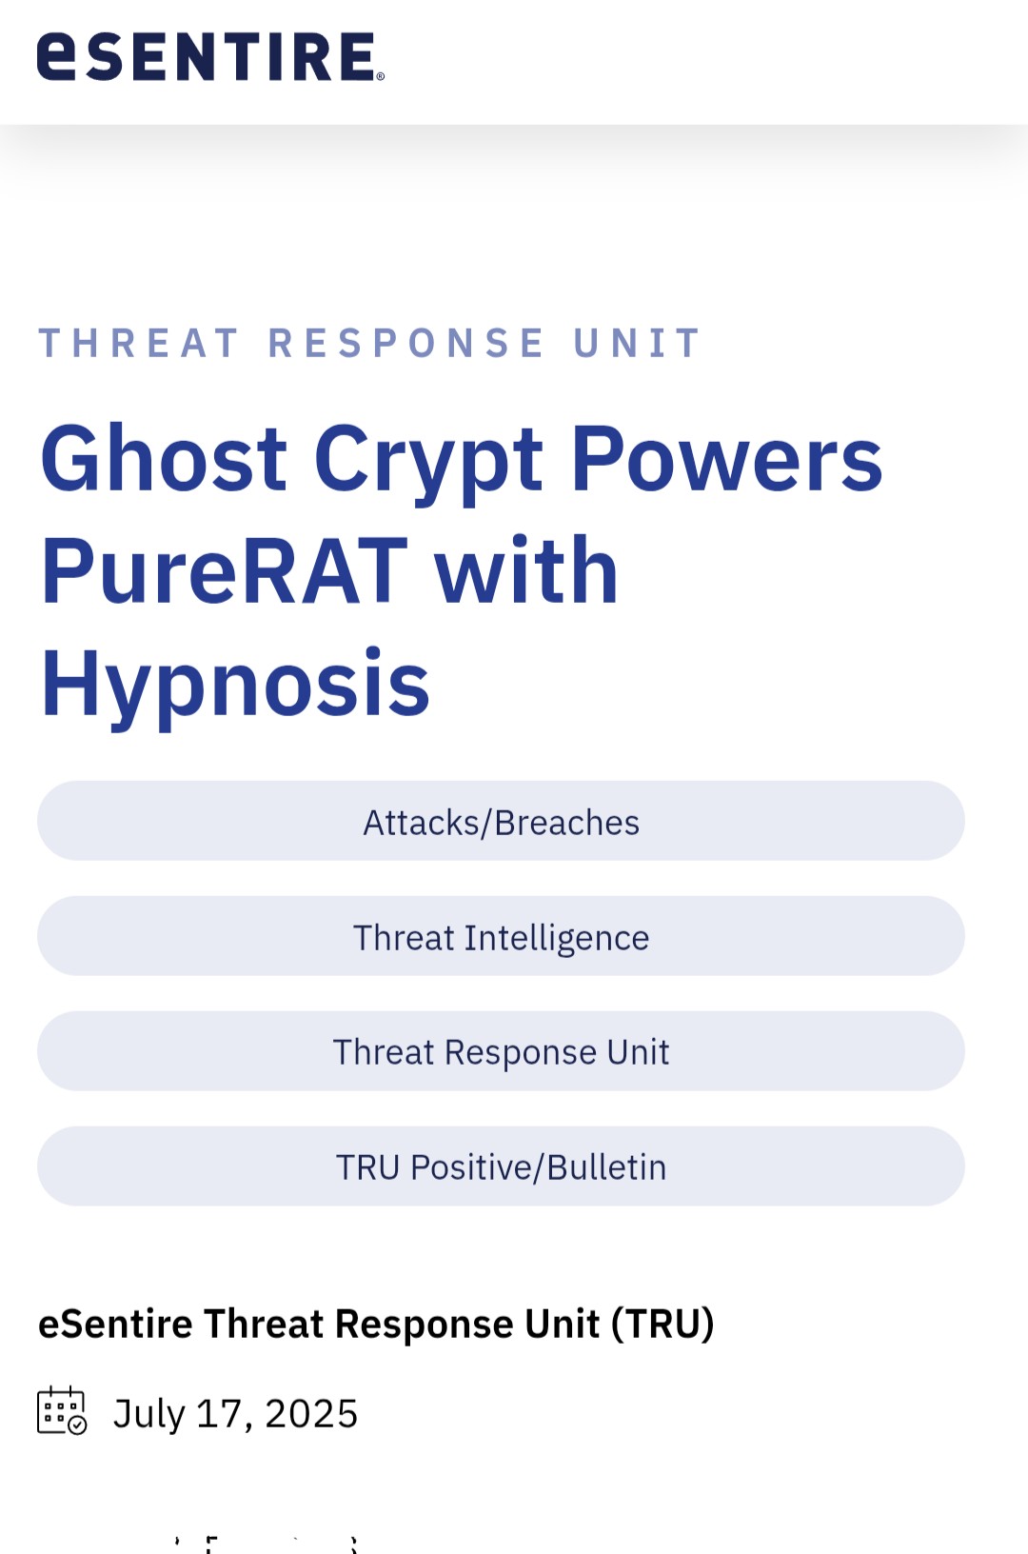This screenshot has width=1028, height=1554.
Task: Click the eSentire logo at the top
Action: (210, 56)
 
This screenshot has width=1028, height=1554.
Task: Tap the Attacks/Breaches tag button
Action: (501, 821)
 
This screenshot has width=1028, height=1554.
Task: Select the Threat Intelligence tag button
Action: (501, 936)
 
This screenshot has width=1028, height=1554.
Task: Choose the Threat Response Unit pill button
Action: (501, 1051)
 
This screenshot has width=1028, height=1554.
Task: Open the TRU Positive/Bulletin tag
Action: (501, 1166)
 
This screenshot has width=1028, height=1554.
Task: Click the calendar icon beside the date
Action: (62, 1410)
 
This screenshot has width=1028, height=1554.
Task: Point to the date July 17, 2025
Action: (236, 1413)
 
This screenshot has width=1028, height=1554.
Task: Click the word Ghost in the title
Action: (164, 459)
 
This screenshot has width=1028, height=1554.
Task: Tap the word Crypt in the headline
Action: (428, 465)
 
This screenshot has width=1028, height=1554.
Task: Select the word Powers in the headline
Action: (727, 459)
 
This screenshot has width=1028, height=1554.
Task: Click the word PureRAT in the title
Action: (225, 570)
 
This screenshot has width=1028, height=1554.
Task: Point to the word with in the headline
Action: (526, 570)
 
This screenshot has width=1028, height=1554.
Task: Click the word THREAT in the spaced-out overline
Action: (138, 343)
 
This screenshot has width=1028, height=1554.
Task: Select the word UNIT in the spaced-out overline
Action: (637, 343)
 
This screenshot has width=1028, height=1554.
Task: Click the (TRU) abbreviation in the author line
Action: (662, 1324)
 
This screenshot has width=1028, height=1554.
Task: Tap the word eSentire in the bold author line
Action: (115, 1324)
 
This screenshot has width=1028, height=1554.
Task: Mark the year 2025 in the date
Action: (311, 1413)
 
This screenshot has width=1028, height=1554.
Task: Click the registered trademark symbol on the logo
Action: (380, 76)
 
